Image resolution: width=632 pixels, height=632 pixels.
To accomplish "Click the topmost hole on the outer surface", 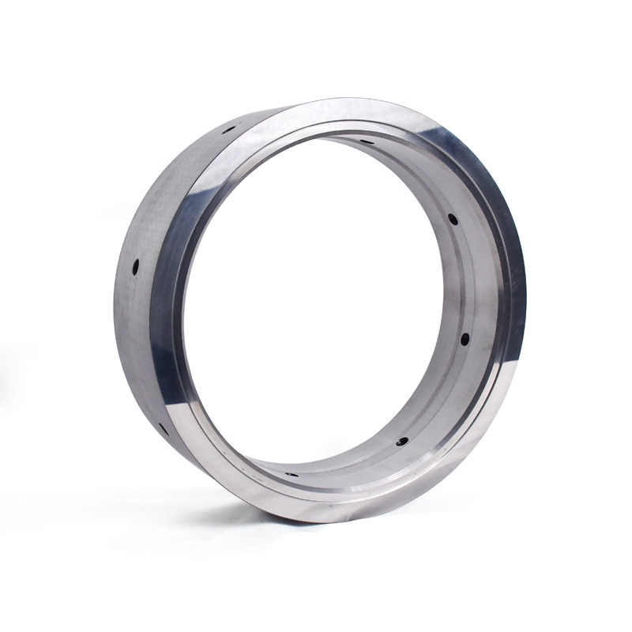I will tap(229, 130).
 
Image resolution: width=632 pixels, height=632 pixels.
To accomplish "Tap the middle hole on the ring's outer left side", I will tap(135, 267).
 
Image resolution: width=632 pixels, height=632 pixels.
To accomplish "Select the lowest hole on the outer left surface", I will tap(162, 429).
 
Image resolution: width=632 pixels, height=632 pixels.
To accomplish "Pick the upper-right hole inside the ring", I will tap(453, 219).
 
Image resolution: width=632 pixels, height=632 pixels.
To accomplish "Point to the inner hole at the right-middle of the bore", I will tap(465, 339).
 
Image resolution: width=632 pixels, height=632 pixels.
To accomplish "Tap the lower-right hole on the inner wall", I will tap(402, 442).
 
